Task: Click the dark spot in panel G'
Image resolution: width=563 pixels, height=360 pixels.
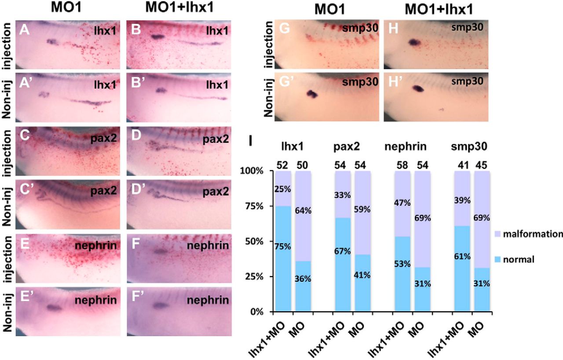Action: [x=312, y=94]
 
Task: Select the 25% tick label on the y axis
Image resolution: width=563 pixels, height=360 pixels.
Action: [x=254, y=277]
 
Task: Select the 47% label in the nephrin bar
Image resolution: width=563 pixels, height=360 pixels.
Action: [x=401, y=203]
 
